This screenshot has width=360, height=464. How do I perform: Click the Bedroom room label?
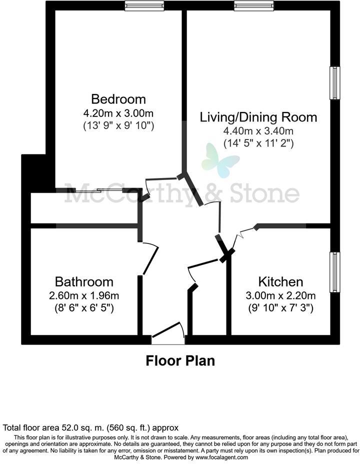click(118, 98)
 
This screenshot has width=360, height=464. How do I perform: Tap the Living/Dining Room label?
click(258, 117)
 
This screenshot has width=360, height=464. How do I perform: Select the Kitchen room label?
click(280, 281)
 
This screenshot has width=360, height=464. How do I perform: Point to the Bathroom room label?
click(84, 282)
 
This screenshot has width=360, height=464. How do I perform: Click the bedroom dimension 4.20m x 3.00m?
click(118, 112)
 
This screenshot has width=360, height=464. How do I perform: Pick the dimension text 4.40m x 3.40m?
click(258, 131)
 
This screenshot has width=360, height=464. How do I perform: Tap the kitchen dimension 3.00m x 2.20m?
click(280, 295)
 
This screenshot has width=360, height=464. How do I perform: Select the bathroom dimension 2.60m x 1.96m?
click(84, 295)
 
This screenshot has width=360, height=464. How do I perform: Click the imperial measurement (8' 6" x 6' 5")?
click(84, 308)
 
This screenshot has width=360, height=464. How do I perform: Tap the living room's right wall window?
click(334, 83)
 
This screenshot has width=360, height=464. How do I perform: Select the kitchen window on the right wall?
click(334, 272)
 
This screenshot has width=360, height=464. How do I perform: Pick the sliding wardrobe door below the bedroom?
click(99, 190)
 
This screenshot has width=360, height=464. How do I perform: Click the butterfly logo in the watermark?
click(220, 159)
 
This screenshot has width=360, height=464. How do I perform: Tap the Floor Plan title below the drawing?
click(180, 360)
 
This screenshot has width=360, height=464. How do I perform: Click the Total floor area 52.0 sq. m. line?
click(90, 428)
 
